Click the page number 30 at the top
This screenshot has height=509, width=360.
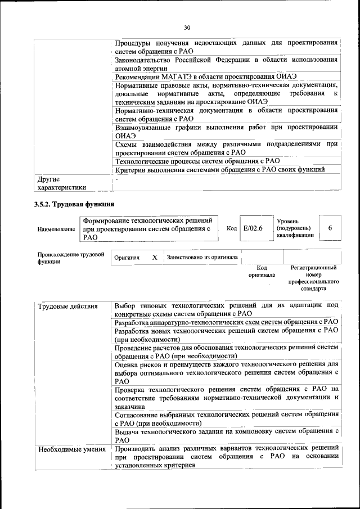click(187, 27)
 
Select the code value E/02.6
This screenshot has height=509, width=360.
click(253, 228)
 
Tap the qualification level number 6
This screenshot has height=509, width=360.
click(330, 228)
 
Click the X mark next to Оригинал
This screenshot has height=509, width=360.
click(155, 257)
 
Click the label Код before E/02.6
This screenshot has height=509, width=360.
click(232, 228)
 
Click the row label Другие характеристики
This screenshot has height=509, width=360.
click(62, 183)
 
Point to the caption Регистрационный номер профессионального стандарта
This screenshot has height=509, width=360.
click(313, 278)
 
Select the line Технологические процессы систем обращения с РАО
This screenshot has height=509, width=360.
click(197, 161)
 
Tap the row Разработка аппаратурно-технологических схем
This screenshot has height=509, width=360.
click(226, 322)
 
